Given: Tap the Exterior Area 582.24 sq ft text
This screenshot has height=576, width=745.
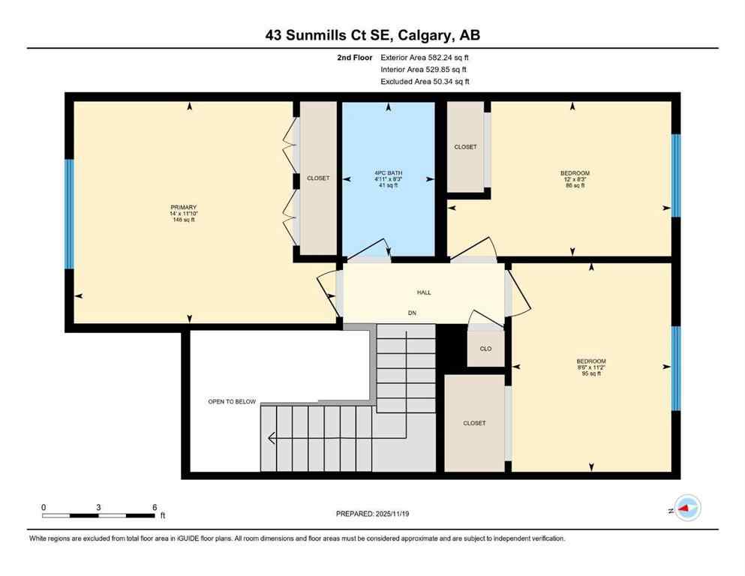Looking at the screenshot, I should tap(425, 57).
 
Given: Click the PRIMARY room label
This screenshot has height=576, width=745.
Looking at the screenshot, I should tap(183, 207).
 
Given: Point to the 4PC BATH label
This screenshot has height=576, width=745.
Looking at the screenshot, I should tap(388, 172).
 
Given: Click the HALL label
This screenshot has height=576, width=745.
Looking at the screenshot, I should tap(424, 292).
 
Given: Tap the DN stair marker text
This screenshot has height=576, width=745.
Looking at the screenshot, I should tap(412, 312).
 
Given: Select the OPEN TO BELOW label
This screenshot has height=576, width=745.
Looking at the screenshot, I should tap(232, 402).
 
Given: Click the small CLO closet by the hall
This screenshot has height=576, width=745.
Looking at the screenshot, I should tap(485, 349).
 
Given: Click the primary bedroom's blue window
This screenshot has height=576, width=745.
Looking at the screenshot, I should tap(69, 214).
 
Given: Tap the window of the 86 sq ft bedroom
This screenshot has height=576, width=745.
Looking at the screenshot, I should tap(675, 175).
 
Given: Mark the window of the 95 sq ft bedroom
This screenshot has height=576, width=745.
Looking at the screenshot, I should tap(675, 368).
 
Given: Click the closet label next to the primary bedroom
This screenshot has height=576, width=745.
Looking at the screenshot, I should tap(318, 178).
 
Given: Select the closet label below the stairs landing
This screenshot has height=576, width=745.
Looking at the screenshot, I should tap(474, 423).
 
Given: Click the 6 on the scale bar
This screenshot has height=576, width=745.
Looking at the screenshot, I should tap(154, 507).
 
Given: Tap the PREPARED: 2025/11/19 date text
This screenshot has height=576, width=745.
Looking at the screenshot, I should tap(371, 514).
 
